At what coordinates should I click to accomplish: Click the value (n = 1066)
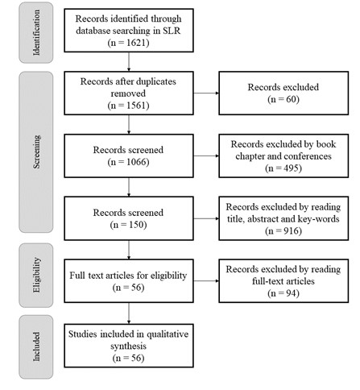[130, 160]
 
